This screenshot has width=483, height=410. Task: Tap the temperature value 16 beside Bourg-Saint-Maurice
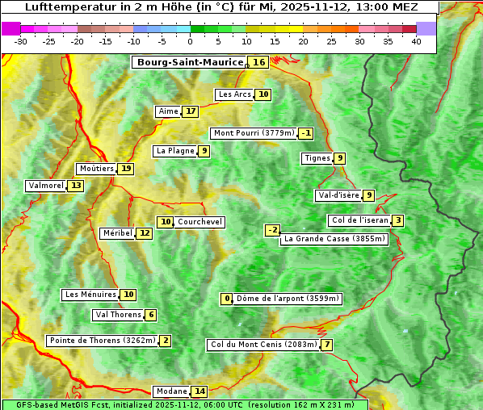(x=258, y=62)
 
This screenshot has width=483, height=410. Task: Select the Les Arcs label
(x=235, y=94)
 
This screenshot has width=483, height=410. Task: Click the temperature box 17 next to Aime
(x=190, y=111)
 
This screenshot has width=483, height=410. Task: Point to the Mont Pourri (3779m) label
(x=253, y=133)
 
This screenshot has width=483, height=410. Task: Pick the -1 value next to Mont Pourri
(x=305, y=133)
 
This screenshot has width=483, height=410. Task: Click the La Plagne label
(x=174, y=151)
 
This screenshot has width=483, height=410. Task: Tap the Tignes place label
(x=317, y=158)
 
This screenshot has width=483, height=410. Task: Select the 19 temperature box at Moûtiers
(x=126, y=169)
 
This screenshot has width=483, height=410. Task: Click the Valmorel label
(x=45, y=186)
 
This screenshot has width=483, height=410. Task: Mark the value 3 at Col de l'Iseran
(x=398, y=220)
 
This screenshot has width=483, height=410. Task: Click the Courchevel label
(x=199, y=222)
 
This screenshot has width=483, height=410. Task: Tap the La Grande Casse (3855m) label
(x=334, y=239)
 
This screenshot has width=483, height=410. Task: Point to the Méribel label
(x=116, y=233)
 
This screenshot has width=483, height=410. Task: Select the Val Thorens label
(x=118, y=315)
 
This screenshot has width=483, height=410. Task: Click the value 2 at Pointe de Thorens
(x=166, y=341)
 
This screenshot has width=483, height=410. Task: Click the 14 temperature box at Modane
(x=199, y=391)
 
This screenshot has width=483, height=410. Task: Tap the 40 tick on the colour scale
(x=416, y=41)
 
